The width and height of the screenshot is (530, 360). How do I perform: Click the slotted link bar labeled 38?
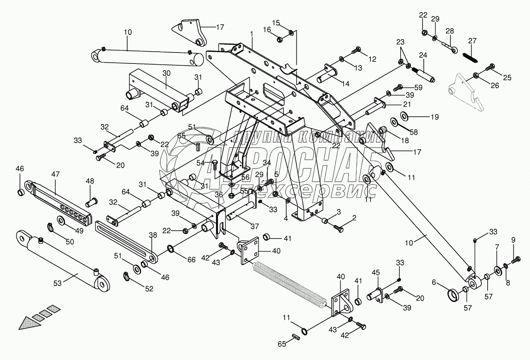[x=125, y=239]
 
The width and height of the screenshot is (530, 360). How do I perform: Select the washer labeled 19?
[x=403, y=116]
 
